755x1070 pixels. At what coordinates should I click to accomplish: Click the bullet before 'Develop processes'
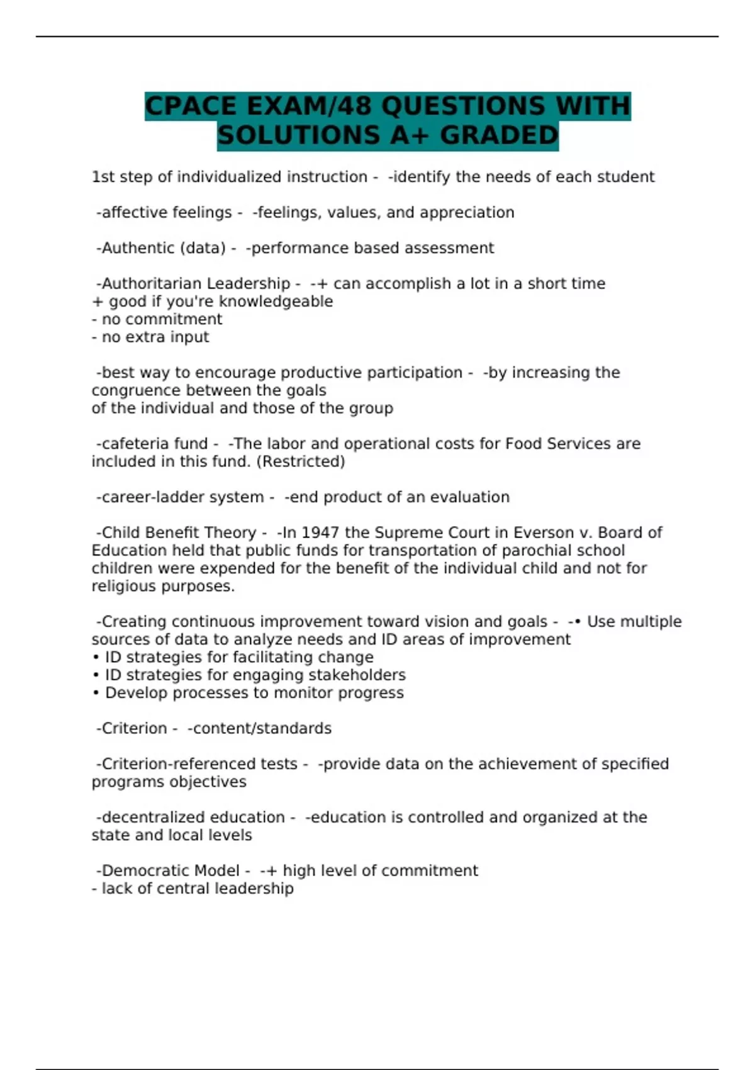[96, 693]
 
